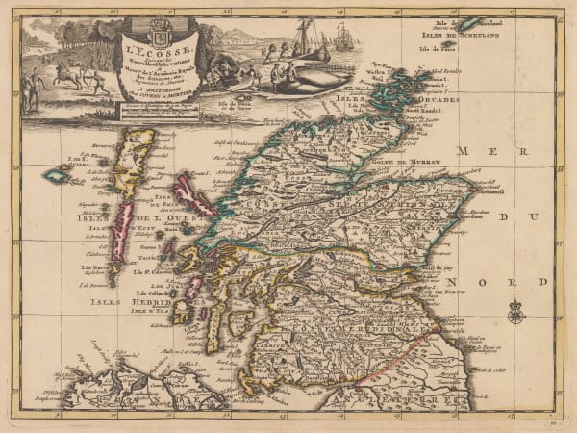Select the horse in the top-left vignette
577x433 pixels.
click(71, 74)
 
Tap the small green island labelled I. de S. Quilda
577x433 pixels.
click(56, 176)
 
